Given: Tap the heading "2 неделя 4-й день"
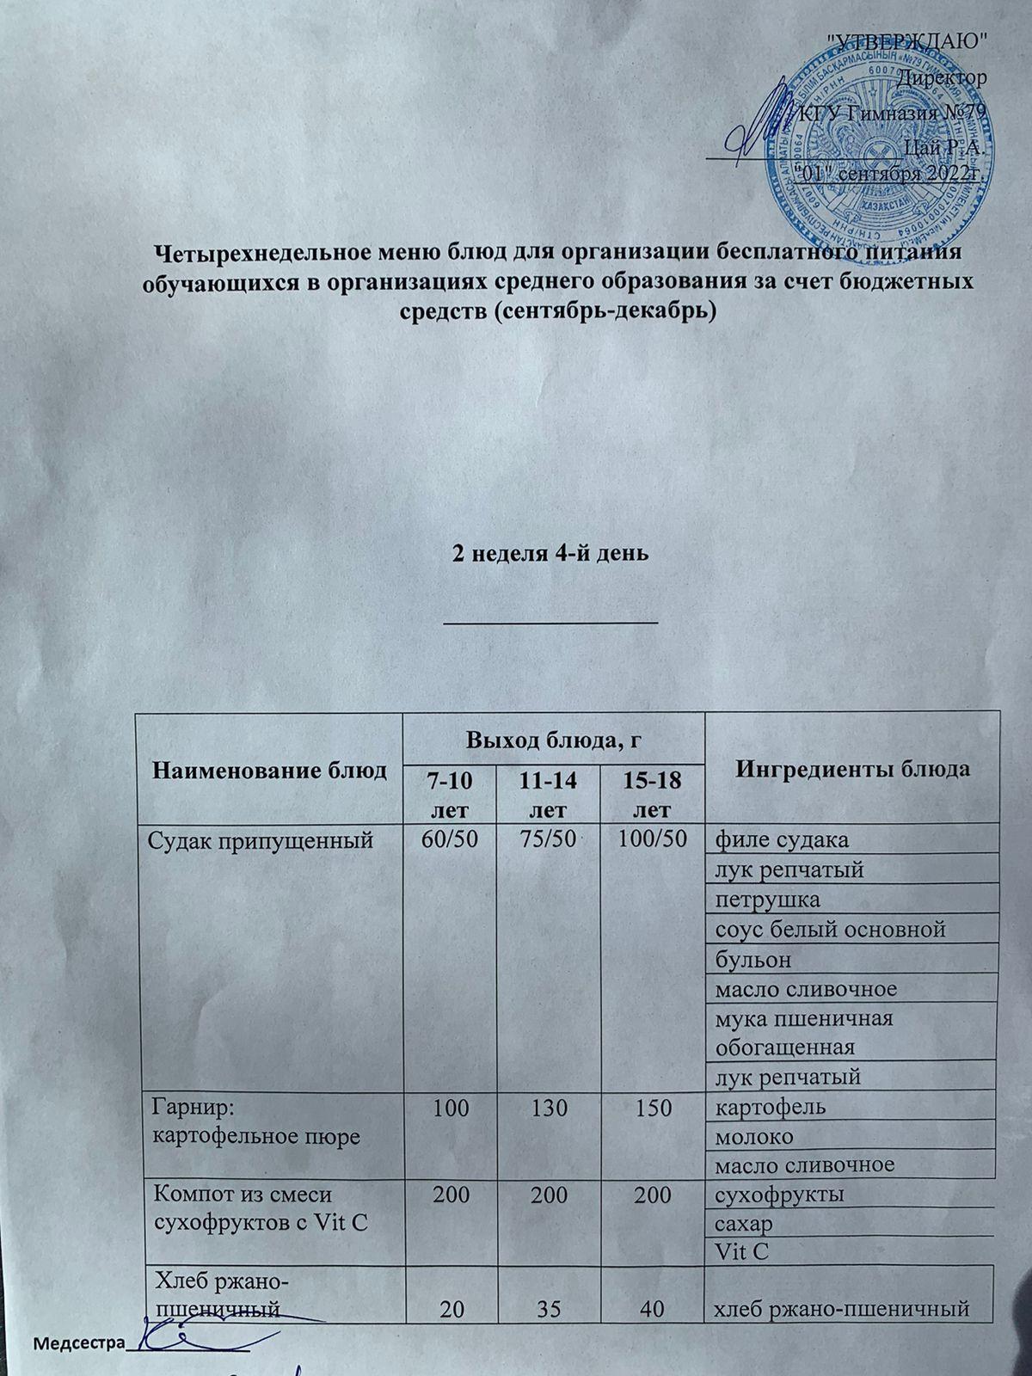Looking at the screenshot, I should [550, 554].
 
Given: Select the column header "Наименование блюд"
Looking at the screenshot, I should [270, 770].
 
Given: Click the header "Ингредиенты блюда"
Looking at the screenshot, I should [851, 768].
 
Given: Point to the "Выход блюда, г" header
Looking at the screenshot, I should [555, 739].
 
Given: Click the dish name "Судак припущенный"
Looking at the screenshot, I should [262, 840].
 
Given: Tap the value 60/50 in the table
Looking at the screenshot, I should [447, 839].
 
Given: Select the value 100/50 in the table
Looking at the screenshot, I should [651, 839].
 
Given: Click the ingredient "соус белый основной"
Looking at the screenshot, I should [831, 929].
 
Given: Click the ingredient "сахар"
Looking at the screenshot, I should [744, 1223].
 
